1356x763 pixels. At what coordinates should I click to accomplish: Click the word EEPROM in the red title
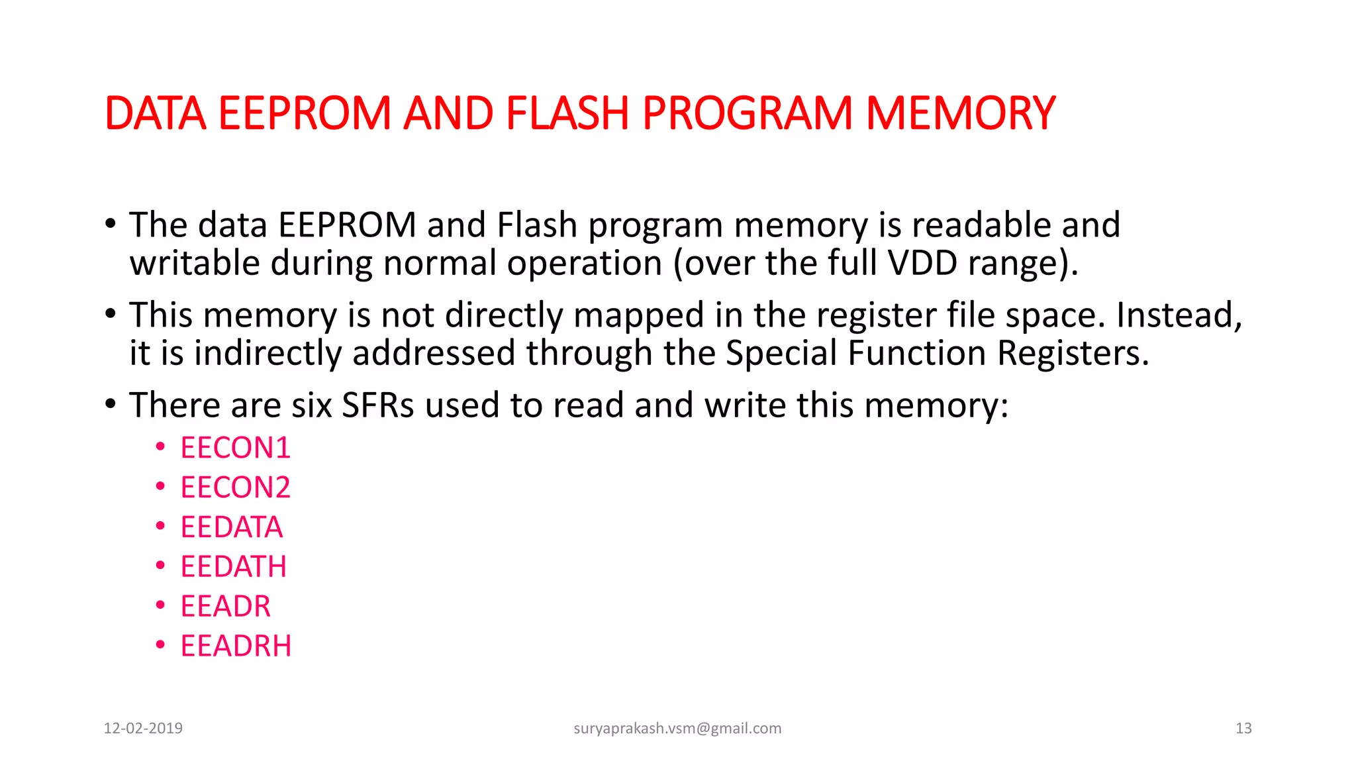(x=305, y=113)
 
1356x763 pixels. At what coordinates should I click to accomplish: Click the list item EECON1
(x=235, y=448)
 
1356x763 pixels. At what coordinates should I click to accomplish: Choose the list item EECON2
(x=235, y=488)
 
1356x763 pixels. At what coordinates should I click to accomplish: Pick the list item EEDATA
(x=231, y=528)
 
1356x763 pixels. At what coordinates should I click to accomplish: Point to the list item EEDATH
(x=233, y=567)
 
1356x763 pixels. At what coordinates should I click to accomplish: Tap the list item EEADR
(x=225, y=607)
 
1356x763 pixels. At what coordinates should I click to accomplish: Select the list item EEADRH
(x=236, y=646)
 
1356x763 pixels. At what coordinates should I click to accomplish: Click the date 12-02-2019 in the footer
(x=143, y=729)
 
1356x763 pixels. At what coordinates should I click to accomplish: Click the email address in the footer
(x=677, y=729)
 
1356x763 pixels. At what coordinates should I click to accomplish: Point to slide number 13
(x=1243, y=729)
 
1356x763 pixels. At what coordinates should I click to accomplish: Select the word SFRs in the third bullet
(x=377, y=405)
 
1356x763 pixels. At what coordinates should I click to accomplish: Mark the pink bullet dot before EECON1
(x=160, y=448)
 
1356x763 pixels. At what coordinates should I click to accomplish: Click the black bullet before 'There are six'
(x=111, y=403)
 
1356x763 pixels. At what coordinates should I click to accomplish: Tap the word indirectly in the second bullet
(x=267, y=353)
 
